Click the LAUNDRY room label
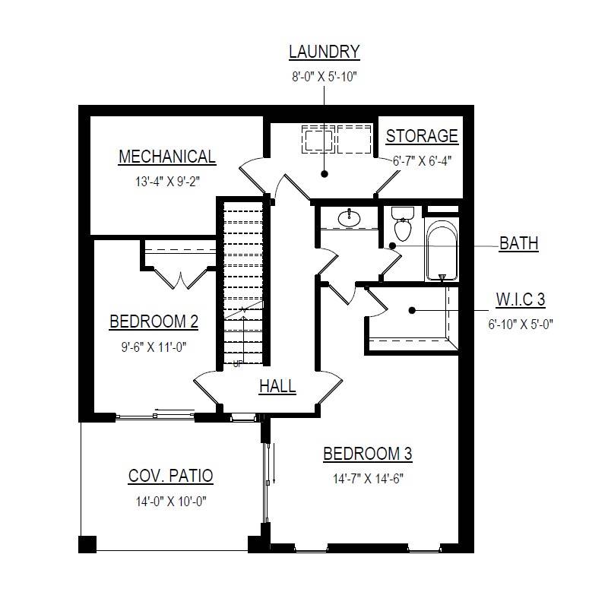point(324,52)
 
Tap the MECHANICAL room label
point(166,157)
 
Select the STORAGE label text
point(422,137)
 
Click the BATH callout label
point(519,244)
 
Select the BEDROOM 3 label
point(367,454)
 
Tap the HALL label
point(277,387)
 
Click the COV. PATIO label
point(170,477)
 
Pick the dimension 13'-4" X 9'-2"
point(166,182)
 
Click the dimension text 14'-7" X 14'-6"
point(367,479)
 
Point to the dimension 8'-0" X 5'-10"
point(324,76)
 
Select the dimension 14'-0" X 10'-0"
point(170,502)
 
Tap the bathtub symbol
point(441,251)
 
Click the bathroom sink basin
point(350,219)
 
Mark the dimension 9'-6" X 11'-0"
point(154,347)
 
